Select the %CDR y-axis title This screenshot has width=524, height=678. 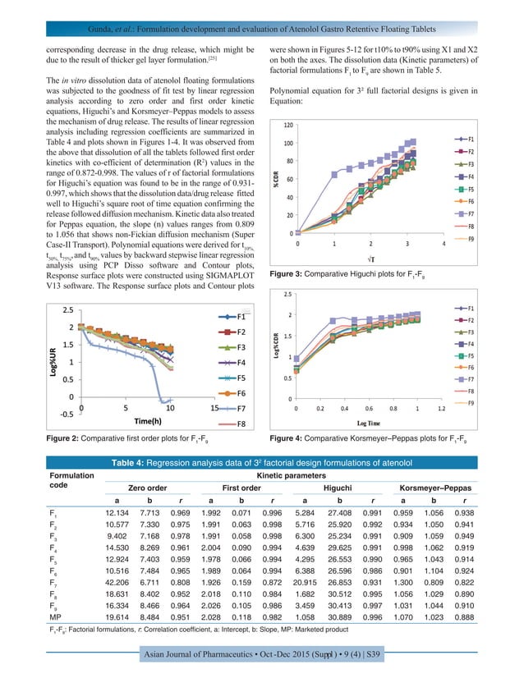(x=277, y=181)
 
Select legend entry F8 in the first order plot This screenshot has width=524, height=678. (x=243, y=424)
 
